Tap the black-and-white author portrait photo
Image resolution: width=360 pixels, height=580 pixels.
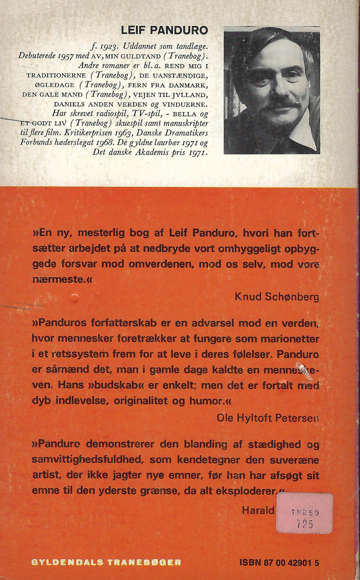point(272,90)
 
